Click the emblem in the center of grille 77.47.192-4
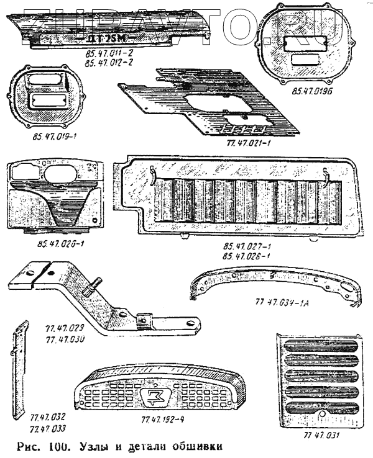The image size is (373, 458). coord(153,397)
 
